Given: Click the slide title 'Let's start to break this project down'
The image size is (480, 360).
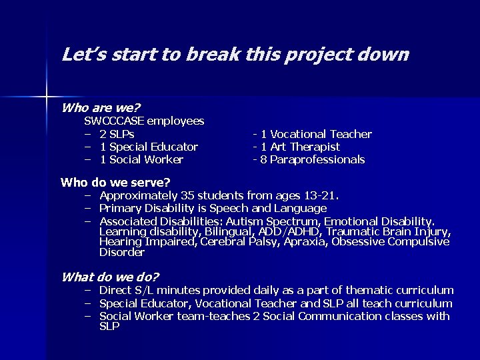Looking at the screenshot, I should point(235,54).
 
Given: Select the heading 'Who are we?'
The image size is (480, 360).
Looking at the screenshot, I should point(101,107).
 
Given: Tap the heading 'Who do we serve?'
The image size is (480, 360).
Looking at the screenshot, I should point(115,182).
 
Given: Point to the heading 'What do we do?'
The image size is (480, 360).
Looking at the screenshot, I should point(109,277).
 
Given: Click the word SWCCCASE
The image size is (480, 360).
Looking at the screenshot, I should point(113,121).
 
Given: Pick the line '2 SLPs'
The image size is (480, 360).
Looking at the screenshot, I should point(117,134).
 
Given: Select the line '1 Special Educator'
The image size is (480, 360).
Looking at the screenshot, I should point(148,147).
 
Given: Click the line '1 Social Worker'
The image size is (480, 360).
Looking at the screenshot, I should point(141,159).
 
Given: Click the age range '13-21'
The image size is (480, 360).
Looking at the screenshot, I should point(322,195).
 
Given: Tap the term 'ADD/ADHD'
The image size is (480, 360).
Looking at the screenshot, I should point(255,231).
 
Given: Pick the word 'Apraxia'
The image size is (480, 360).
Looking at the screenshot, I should point(305,242).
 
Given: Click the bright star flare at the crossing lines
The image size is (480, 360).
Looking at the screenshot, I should point(47,97).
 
